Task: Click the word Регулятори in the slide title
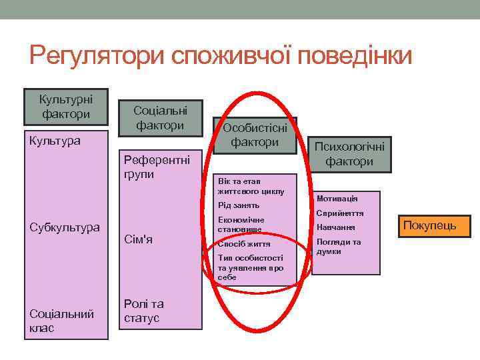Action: click(x=97, y=55)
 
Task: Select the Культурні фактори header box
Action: click(x=66, y=107)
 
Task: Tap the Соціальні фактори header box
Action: click(x=160, y=117)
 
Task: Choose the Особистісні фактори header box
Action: click(x=255, y=135)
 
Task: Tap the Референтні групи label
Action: click(x=157, y=167)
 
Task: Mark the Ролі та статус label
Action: click(x=143, y=311)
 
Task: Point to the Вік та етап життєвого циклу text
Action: click(x=250, y=186)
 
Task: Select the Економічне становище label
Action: click(x=241, y=224)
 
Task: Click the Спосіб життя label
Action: click(x=243, y=244)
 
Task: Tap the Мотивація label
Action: click(x=337, y=199)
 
